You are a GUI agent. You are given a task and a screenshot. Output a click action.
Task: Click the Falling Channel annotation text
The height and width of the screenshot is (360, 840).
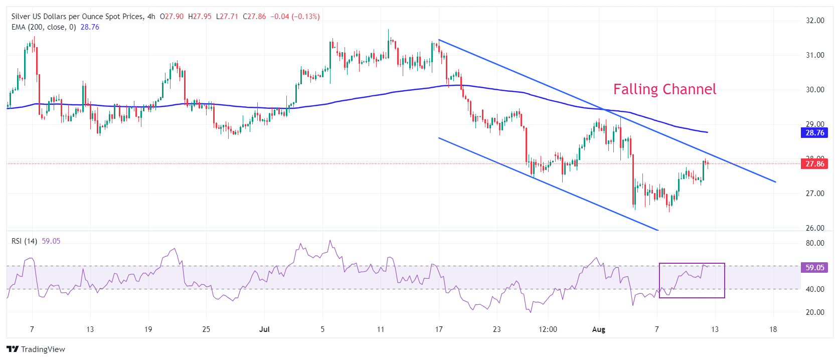[664, 89]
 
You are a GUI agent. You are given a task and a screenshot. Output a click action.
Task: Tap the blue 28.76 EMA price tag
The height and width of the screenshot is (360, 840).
[814, 133]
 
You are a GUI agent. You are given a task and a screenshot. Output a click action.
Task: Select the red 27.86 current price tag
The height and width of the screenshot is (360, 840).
[814, 164]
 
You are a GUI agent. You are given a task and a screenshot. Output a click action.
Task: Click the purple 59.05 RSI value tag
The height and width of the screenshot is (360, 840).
[814, 268]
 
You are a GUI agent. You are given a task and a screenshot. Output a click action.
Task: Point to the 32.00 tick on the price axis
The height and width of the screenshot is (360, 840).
[815, 21]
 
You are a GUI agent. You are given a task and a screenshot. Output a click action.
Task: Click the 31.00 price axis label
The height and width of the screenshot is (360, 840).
[815, 55]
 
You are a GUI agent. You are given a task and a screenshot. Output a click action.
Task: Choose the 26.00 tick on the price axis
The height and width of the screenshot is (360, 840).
[815, 228]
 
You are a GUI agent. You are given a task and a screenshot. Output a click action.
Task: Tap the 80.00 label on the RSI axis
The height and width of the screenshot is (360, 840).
[815, 243]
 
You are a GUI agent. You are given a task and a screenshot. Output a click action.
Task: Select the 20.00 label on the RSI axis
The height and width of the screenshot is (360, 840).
[815, 312]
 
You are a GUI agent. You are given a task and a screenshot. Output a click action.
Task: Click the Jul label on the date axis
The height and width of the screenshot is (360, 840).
[264, 329]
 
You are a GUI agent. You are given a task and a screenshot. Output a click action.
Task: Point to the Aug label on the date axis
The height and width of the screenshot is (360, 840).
[599, 329]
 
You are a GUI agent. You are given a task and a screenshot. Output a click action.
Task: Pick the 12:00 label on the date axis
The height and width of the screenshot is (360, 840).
[548, 329]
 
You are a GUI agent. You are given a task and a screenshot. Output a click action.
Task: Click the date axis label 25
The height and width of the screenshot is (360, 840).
[206, 329]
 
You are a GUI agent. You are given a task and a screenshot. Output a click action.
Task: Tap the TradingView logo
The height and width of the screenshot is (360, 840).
[36, 349]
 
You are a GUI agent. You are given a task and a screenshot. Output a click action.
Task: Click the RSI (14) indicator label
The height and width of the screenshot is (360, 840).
[24, 241]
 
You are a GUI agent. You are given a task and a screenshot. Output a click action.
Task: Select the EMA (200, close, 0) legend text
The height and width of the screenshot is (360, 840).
[44, 27]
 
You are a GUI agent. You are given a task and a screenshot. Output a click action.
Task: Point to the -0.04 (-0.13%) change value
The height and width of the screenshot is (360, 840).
[295, 17]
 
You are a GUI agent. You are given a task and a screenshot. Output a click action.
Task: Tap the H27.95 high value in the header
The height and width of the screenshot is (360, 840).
[200, 17]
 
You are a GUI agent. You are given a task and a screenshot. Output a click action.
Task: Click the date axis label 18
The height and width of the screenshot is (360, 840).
[773, 329]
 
